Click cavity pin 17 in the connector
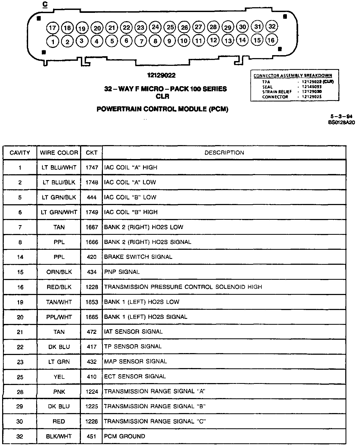tap(52, 28)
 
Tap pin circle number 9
tap(169, 41)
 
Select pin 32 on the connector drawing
tap(272, 26)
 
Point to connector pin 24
tap(155, 27)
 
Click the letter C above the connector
tap(45, 5)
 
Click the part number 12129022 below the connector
tap(161, 75)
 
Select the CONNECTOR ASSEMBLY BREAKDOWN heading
tap(293, 76)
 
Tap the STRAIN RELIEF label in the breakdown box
tap(277, 92)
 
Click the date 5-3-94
tap(341, 116)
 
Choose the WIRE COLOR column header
tap(59, 153)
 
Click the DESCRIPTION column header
tap(224, 153)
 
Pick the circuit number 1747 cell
tap(92, 168)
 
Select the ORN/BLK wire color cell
tap(59, 272)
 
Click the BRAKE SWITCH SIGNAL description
tap(138, 257)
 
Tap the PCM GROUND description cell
tap(125, 436)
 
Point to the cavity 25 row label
tap(20, 377)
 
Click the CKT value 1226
tap(92, 422)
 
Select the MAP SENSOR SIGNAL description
tap(136, 362)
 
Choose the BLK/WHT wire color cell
tap(59, 436)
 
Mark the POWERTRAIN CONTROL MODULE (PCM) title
tap(162, 109)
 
